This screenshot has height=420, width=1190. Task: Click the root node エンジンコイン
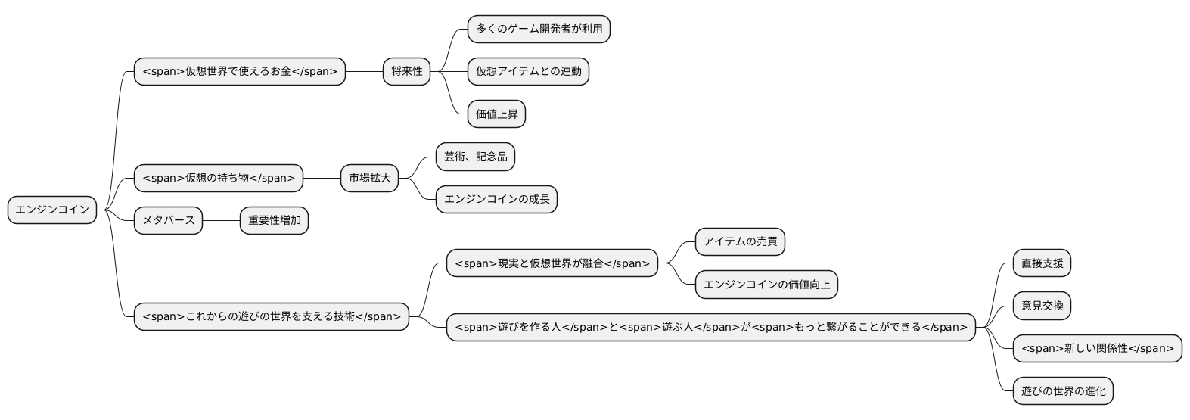(52, 210)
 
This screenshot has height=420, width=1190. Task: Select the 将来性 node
(406, 72)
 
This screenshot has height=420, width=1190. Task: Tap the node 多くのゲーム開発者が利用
(539, 29)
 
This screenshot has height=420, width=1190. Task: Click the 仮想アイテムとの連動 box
(528, 72)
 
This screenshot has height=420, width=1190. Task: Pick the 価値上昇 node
(496, 114)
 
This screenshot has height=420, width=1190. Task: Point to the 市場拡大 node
(369, 179)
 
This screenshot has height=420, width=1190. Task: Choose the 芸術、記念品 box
(475, 157)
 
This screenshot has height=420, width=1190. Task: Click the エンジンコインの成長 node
(496, 200)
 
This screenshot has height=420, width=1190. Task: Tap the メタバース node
(168, 221)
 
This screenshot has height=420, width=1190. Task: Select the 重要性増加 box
(274, 221)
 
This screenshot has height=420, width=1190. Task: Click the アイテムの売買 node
(740, 242)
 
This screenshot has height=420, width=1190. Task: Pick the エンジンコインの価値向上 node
(766, 285)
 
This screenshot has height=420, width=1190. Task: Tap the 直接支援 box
(1042, 263)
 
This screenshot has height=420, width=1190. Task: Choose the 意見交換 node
(1042, 306)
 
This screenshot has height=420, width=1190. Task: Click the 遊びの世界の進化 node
(1063, 391)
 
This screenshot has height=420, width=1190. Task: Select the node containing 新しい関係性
(1097, 348)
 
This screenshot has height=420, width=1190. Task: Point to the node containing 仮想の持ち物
(219, 179)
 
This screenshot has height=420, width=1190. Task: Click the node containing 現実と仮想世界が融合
(552, 263)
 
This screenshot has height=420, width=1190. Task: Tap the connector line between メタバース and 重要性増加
(222, 221)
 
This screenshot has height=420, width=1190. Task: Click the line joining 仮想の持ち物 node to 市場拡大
(322, 179)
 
